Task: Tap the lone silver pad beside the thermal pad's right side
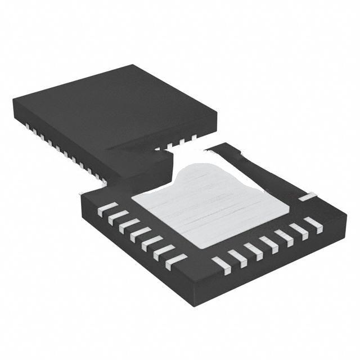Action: (x=308, y=197)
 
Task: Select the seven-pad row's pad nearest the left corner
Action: (x=107, y=209)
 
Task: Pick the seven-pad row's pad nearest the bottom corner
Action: (x=176, y=261)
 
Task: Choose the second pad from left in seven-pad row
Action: (x=118, y=217)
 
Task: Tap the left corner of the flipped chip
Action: (x=82, y=197)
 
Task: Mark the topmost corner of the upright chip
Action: (x=133, y=65)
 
